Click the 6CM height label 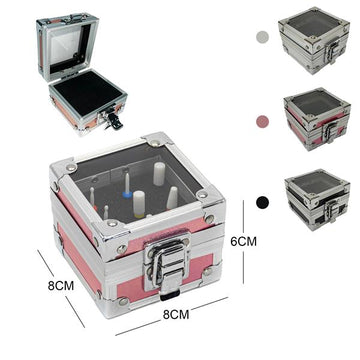click(x=243, y=241)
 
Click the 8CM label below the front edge click(x=176, y=314)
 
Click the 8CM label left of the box click(x=61, y=286)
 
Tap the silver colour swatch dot click(x=262, y=37)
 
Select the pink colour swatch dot click(x=262, y=121)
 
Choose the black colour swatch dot click(x=263, y=202)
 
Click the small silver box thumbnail click(x=314, y=40)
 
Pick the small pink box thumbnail click(x=317, y=119)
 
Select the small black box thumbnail click(x=317, y=199)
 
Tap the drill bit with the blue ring click(x=127, y=184)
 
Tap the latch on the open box click(x=111, y=119)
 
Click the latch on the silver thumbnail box click(x=331, y=52)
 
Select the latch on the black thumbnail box click(x=332, y=211)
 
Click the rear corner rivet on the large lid click(x=155, y=143)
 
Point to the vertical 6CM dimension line click(x=243, y=242)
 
